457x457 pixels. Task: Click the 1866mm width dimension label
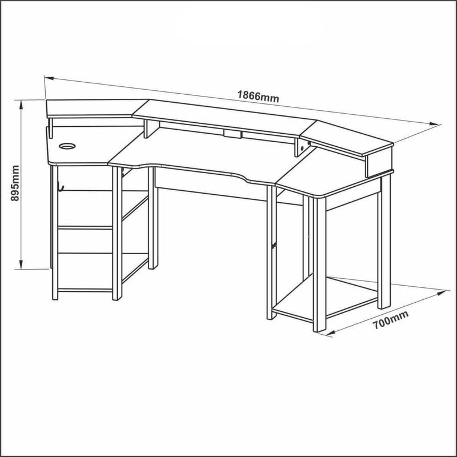pyautogui.click(x=258, y=96)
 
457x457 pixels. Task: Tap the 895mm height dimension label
pyautogui.click(x=15, y=183)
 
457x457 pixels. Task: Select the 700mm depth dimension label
pyautogui.click(x=391, y=320)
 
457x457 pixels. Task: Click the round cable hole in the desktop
pyautogui.click(x=67, y=146)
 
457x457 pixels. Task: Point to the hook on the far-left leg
pyautogui.click(x=60, y=186)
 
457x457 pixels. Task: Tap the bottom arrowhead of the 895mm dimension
pyautogui.click(x=21, y=264)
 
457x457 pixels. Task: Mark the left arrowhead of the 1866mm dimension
pyautogui.click(x=50, y=78)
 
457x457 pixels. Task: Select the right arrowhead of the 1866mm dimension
pyautogui.click(x=434, y=123)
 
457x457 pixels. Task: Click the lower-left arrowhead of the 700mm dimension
pyautogui.click(x=331, y=332)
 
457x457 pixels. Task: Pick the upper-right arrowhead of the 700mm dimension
pyautogui.click(x=441, y=292)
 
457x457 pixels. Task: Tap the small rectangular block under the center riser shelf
pyautogui.click(x=232, y=134)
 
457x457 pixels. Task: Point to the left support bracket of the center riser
pyautogui.click(x=151, y=129)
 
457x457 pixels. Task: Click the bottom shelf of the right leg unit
pyautogui.click(x=325, y=297)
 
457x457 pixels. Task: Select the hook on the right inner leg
pyautogui.click(x=274, y=246)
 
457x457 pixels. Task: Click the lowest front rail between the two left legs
pyautogui.click(x=85, y=290)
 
